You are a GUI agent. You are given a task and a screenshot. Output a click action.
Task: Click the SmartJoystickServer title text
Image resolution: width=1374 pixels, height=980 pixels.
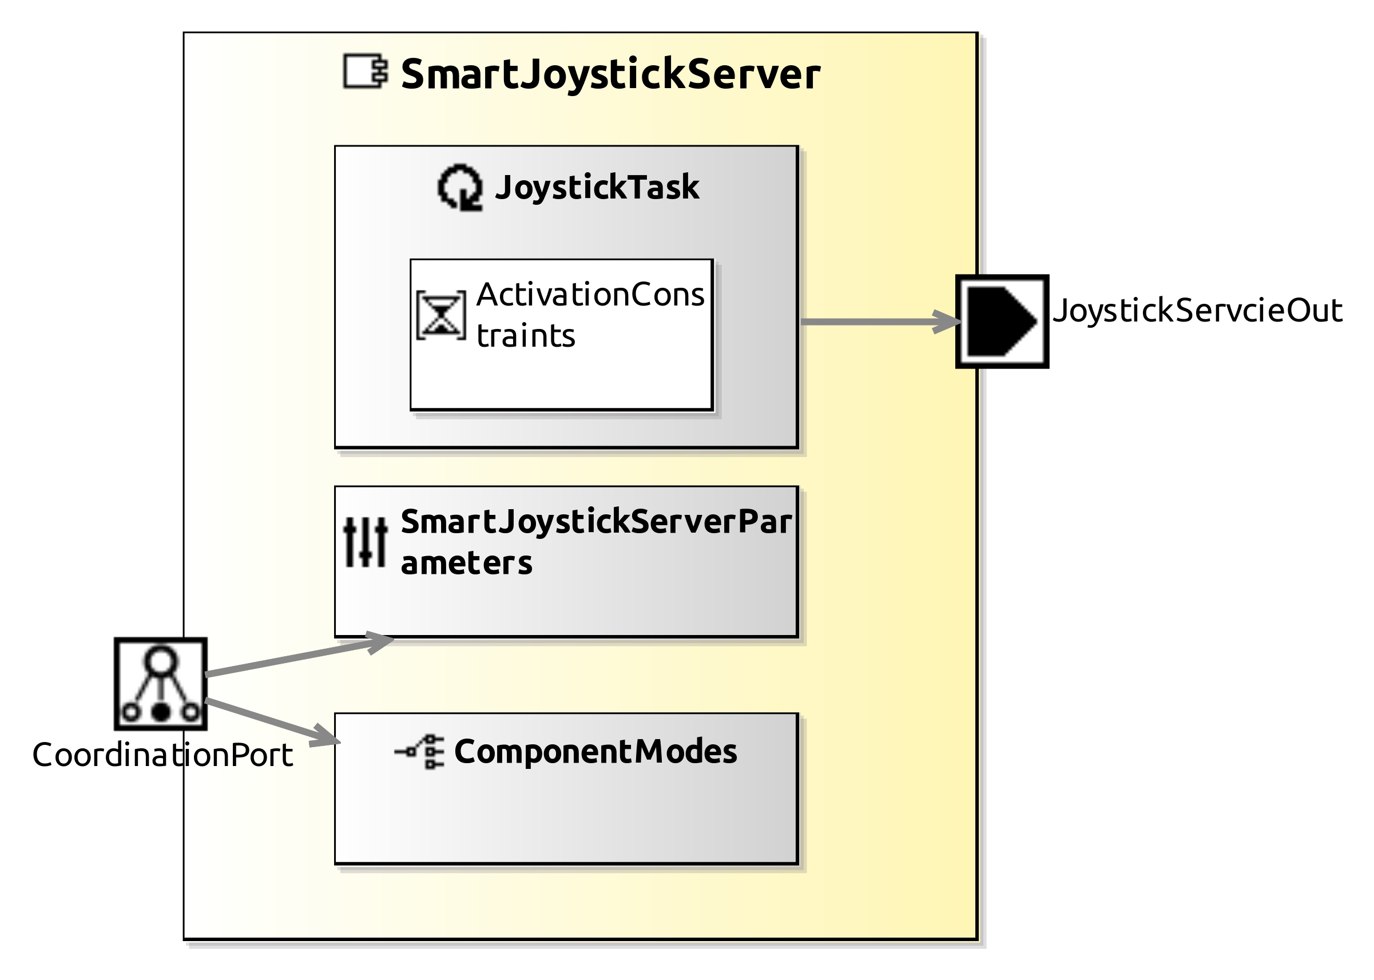[609, 74]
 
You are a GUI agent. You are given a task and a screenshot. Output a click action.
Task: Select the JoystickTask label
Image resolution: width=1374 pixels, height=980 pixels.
[596, 187]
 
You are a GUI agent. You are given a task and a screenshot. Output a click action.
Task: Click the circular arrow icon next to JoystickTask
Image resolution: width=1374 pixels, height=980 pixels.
[460, 187]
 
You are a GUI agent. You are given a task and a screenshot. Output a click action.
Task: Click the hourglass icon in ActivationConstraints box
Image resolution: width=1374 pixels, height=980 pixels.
[441, 315]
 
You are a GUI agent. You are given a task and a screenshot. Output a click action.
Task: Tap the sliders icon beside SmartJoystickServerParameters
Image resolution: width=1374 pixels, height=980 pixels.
[365, 542]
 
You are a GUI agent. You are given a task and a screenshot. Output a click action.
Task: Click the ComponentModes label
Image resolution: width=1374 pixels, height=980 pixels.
[595, 752]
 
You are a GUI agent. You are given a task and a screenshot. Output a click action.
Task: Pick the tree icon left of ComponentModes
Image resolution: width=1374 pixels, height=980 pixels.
[420, 752]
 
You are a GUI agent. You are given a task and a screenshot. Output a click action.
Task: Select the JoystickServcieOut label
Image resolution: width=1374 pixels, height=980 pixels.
[1197, 311]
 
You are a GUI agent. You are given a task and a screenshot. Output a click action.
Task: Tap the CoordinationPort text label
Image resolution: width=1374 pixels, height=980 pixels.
[162, 755]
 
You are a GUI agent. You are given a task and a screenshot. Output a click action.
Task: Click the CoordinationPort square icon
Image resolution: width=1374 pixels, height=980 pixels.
[161, 684]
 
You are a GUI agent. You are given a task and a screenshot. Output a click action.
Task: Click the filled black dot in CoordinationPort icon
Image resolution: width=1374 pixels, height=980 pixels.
[161, 713]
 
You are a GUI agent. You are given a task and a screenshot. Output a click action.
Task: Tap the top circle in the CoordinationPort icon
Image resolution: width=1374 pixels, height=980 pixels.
[161, 661]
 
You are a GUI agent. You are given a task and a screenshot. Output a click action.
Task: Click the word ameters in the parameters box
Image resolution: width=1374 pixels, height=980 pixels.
[466, 563]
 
